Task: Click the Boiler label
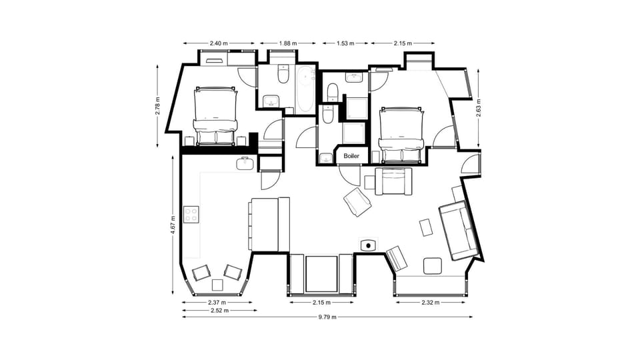[x=351, y=156]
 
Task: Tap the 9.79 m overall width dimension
[x=327, y=317]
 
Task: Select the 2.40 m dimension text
[x=218, y=43]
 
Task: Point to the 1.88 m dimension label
[x=289, y=43]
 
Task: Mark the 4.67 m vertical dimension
[x=173, y=223]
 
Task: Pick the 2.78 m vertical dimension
[x=158, y=107]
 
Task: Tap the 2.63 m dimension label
[x=479, y=107]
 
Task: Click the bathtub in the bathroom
[x=306, y=89]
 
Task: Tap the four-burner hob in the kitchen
[x=191, y=215]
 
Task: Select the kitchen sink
[x=245, y=163]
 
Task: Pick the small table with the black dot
[x=368, y=245]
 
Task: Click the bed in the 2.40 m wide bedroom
[x=215, y=114]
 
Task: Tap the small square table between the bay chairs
[x=217, y=285]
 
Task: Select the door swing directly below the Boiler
[x=349, y=175]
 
